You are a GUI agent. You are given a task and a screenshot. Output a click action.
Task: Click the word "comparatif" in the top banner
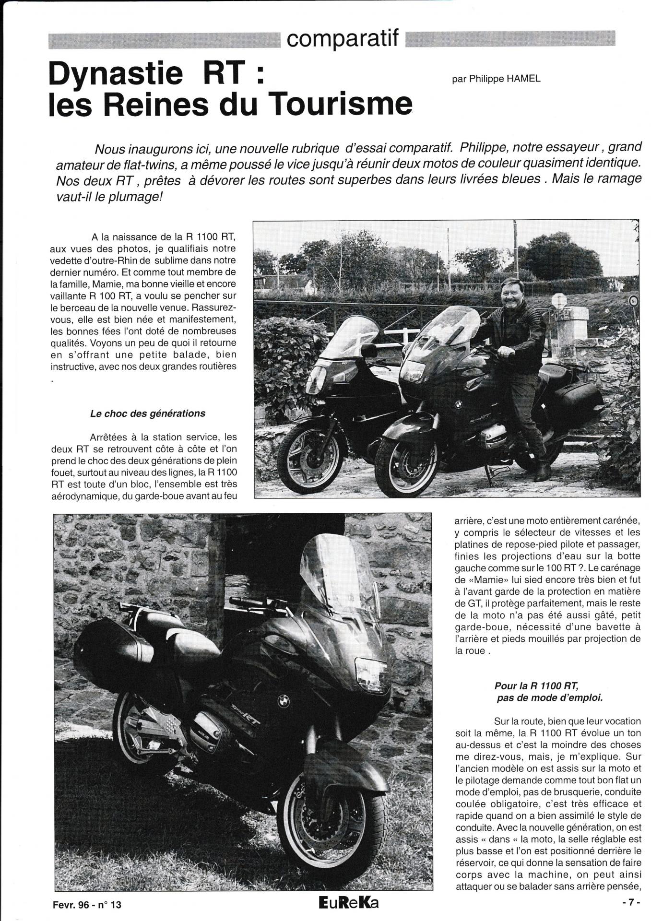(x=343, y=39)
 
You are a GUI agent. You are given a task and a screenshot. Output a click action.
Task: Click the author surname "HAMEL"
(x=523, y=79)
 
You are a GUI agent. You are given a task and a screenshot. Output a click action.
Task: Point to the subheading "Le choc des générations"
(x=148, y=413)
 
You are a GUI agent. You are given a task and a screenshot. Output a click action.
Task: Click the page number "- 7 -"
(x=631, y=902)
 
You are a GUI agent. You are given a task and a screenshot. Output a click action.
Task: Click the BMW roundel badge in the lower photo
(x=284, y=701)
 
